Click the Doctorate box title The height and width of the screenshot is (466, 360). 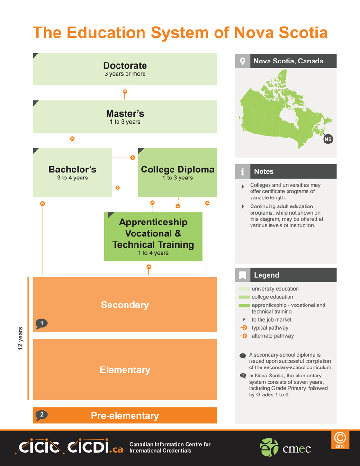tap(125, 66)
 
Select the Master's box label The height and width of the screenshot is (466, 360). tap(125, 114)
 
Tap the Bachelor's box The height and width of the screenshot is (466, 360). tap(72, 173)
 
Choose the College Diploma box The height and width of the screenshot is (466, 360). tap(178, 173)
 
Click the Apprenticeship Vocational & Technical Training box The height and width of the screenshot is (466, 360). tap(153, 237)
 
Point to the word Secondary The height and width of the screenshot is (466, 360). tap(125, 305)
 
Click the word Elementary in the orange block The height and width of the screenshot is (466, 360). tap(125, 370)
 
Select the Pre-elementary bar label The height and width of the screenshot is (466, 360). tap(125, 415)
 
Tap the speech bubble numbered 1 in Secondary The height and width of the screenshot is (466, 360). tap(42, 323)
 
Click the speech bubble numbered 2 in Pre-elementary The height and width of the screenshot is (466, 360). tap(42, 415)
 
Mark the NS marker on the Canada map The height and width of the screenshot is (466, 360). tap(328, 139)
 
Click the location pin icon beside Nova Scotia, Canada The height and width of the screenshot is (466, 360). tap(243, 61)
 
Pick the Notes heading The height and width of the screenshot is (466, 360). tap(264, 171)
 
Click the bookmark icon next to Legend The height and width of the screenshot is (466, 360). tap(243, 275)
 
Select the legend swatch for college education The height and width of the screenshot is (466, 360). tap(244, 297)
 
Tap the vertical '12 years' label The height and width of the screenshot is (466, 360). tap(20, 338)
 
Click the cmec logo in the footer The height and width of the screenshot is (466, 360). tap(285, 447)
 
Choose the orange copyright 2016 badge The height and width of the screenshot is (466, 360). tap(340, 440)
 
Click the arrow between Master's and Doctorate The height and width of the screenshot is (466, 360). tap(125, 94)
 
